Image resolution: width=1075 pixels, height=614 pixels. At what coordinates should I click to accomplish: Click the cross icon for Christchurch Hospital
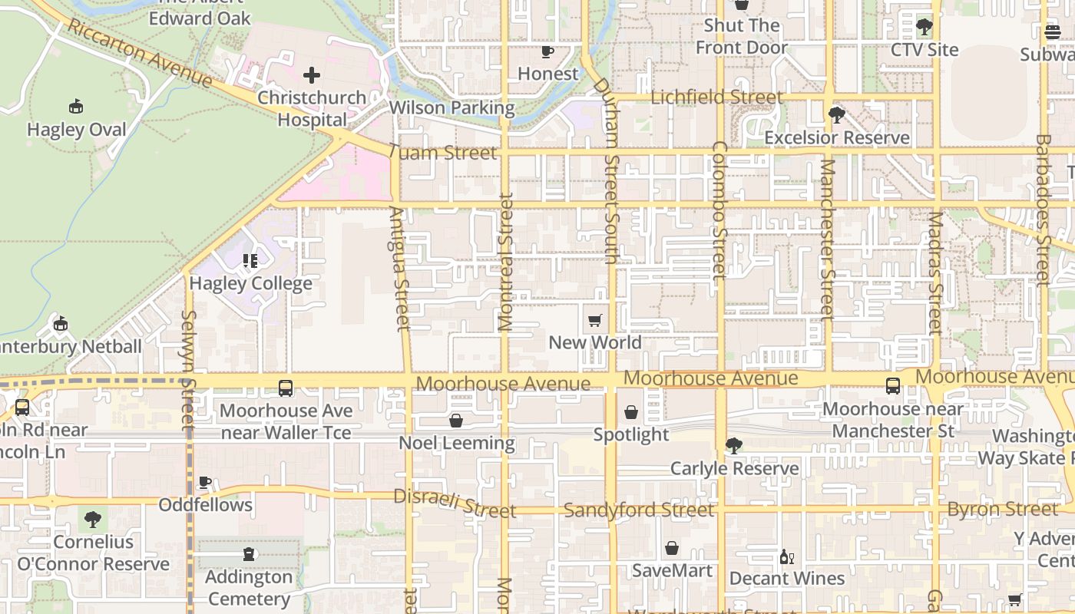pos(312,75)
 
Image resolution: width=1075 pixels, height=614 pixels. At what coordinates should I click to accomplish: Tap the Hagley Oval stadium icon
pos(75,106)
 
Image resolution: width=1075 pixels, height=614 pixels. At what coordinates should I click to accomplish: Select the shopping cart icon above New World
pos(595,320)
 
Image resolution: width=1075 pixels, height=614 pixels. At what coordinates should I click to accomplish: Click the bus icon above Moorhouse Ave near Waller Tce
pos(286,388)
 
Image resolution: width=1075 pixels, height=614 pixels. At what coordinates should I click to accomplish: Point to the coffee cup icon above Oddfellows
pos(205,482)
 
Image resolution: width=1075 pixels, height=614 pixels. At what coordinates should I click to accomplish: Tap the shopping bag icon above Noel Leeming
pos(456,421)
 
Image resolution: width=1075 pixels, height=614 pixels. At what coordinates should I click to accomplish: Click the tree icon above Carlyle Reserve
pos(734,445)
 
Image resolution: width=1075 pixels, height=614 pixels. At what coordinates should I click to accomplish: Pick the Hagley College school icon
pos(250,261)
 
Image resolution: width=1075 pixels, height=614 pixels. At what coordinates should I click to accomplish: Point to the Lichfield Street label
pos(716,97)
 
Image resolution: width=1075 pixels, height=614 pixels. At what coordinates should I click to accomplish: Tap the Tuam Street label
pos(442,153)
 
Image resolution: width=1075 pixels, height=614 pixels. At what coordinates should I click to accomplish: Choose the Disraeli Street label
pos(455,503)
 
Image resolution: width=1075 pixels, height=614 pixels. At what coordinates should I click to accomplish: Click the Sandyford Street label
pos(639,510)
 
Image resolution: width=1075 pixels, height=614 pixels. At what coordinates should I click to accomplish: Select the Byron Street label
pos(1002,509)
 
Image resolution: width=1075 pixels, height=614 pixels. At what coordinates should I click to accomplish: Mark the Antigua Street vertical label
pos(399,269)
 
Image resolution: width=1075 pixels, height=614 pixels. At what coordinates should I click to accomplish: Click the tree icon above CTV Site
pos(925,27)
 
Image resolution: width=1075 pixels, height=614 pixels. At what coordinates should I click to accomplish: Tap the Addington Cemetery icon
pos(249,554)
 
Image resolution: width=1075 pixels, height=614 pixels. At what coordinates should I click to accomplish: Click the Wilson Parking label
pos(451,107)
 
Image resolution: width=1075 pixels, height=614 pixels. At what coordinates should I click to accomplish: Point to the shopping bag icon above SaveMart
pos(672,548)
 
